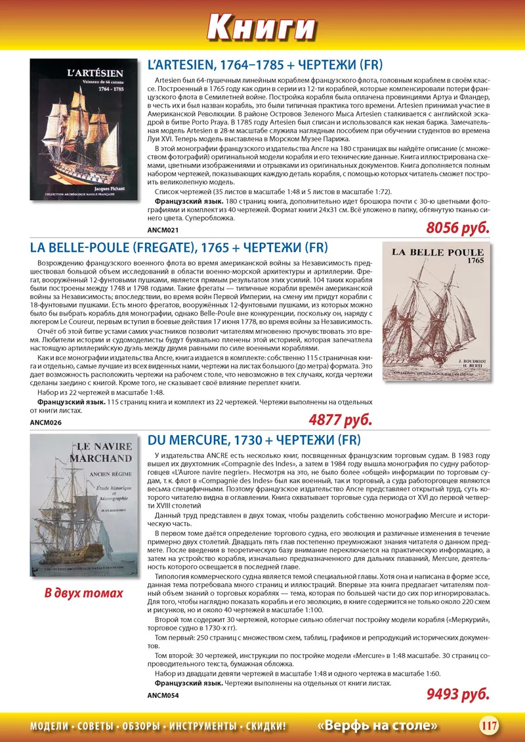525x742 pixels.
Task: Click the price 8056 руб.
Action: tap(458, 228)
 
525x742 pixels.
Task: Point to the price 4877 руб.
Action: tap(340, 419)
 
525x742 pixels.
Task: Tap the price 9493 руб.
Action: tap(458, 693)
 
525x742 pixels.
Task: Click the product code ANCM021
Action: tap(163, 230)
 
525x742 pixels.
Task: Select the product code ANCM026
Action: tap(46, 422)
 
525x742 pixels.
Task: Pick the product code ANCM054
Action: tap(163, 694)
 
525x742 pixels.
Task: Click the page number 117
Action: tap(489, 726)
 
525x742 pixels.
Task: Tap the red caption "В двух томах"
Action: tap(83, 593)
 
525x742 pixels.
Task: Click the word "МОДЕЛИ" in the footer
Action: tap(50, 726)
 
